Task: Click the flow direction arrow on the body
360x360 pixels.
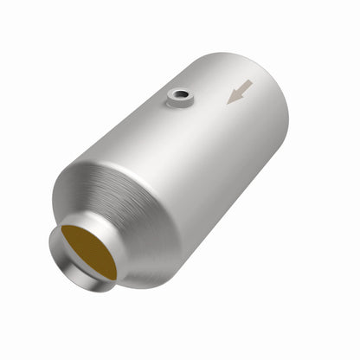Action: (240, 91)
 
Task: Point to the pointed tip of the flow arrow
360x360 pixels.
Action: (229, 101)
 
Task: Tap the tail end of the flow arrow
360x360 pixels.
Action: (251, 82)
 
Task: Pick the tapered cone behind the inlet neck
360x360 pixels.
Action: (130, 208)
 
